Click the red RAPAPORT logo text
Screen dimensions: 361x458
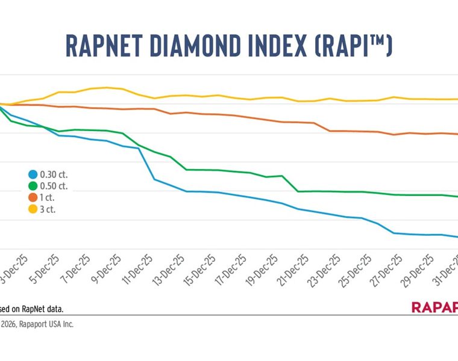(x=434, y=307)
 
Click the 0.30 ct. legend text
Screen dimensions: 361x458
(x=54, y=174)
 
